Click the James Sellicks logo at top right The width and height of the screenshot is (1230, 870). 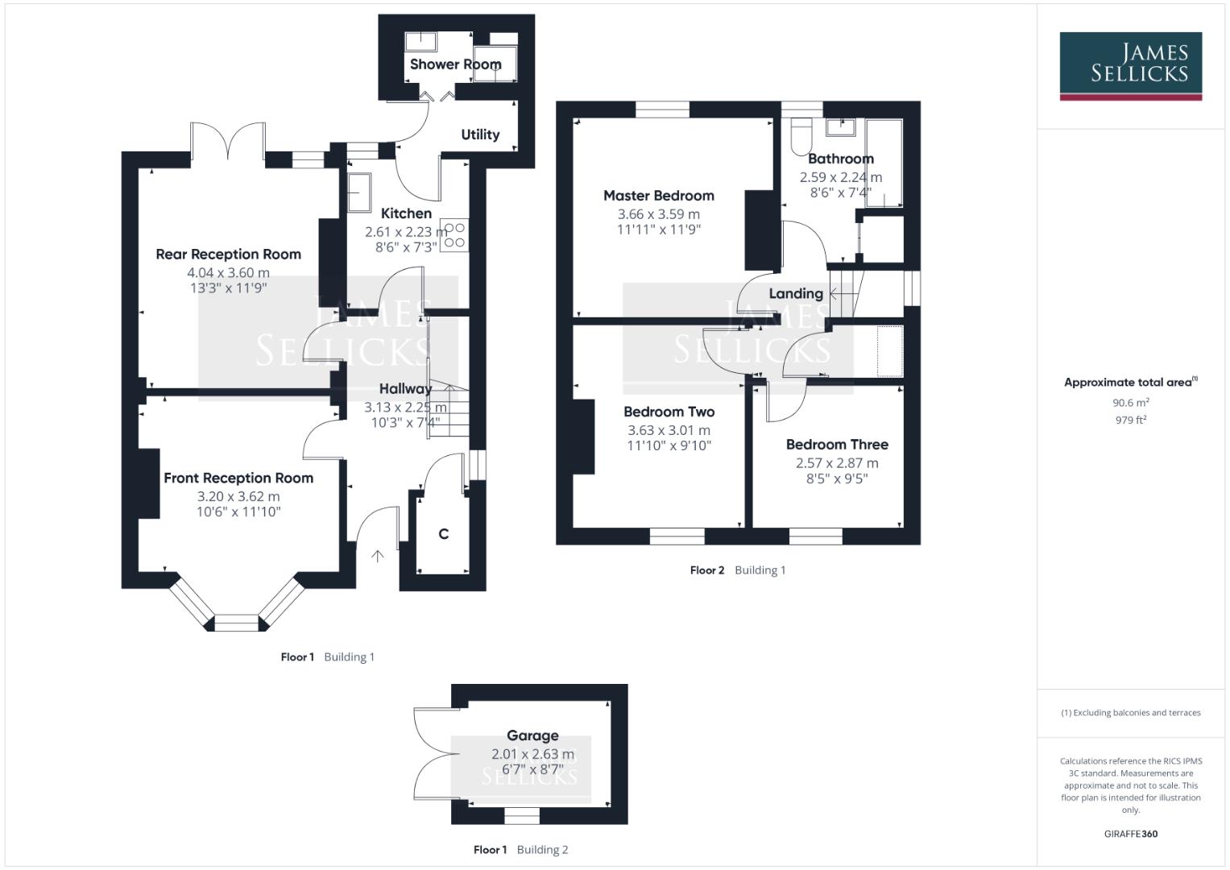[1130, 65]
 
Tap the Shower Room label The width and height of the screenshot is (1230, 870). [455, 64]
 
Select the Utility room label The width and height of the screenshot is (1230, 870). [480, 135]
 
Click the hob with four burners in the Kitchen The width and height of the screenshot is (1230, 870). [455, 234]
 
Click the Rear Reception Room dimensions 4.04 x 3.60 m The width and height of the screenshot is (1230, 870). [228, 273]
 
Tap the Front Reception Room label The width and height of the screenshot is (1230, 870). [238, 478]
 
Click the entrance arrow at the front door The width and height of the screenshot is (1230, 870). [377, 556]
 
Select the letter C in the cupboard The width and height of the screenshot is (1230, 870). [443, 534]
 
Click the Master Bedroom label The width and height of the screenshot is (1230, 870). [658, 196]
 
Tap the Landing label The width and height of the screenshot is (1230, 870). [795, 294]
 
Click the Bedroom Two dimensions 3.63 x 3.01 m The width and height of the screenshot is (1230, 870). [669, 430]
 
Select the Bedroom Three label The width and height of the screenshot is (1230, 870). [837, 445]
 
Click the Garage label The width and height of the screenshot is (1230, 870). [532, 735]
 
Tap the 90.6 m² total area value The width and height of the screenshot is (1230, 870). [1130, 403]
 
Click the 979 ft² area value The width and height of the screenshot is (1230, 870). [1130, 420]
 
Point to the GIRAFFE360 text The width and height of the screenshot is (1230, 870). [1130, 834]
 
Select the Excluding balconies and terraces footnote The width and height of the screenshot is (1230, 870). [1130, 713]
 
